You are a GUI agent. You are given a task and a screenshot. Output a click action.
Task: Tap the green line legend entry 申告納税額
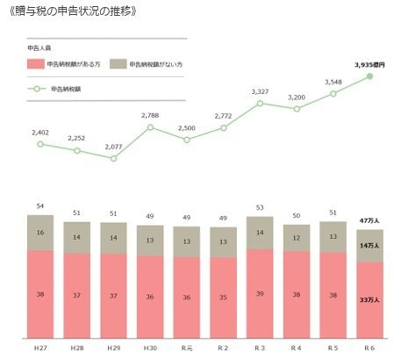[x=53, y=89]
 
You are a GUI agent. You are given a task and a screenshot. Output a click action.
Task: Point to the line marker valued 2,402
[x=40, y=144]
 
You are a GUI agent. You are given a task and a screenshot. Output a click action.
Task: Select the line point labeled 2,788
[x=150, y=127]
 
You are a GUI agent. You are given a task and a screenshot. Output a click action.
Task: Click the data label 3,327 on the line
[x=260, y=91]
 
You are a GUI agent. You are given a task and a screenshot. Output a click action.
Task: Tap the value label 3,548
[x=333, y=82]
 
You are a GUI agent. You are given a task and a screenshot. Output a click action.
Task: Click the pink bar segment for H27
[x=40, y=293]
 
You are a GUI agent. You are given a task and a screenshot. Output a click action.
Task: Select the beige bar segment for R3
[x=261, y=233]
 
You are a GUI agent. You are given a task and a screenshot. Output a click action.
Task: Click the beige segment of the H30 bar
[x=150, y=240]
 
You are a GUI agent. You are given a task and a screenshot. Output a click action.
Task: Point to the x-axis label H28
[x=77, y=348]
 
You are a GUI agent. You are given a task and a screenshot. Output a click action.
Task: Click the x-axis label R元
[x=187, y=348]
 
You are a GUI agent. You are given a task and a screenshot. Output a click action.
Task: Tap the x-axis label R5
[x=333, y=348]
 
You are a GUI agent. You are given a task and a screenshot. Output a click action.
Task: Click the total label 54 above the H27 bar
[x=40, y=205]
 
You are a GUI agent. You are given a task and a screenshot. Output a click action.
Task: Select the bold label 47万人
[x=370, y=221]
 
